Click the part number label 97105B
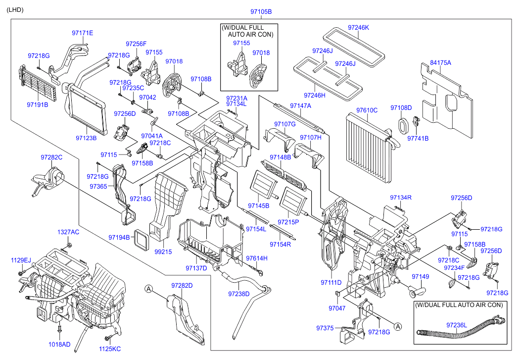pyautogui.click(x=261, y=11)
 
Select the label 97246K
pyautogui.click(x=358, y=28)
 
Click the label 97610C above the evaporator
pyautogui.click(x=367, y=109)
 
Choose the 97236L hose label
pyautogui.click(x=456, y=325)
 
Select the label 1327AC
pyautogui.click(x=68, y=232)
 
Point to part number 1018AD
pyautogui.click(x=59, y=344)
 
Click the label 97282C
pyautogui.click(x=51, y=157)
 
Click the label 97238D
pyautogui.click(x=238, y=294)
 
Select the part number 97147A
pyautogui.click(x=300, y=106)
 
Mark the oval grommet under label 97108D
pyautogui.click(x=403, y=125)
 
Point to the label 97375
pyautogui.click(x=325, y=328)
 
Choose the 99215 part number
pyautogui.click(x=163, y=252)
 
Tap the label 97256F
pyautogui.click(x=136, y=44)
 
